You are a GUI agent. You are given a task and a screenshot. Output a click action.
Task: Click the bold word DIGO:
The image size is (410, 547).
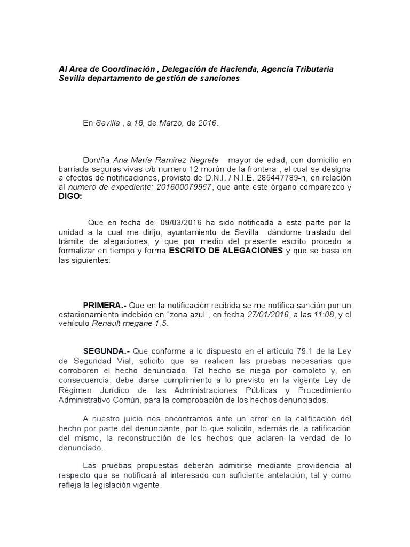coord(70,196)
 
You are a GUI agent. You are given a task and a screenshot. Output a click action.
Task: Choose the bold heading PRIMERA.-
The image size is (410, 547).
coord(104,305)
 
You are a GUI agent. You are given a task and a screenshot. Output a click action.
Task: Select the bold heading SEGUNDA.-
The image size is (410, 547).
coord(106,351)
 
